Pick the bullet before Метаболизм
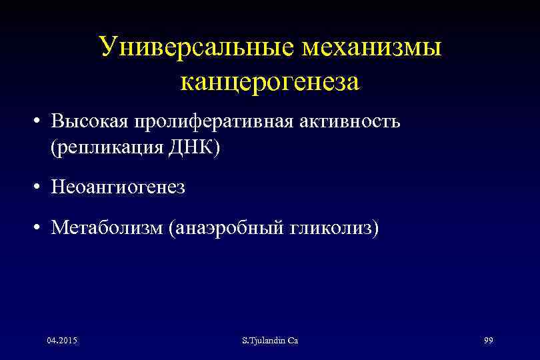point(41,229)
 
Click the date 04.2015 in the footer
point(62,341)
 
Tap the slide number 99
point(488,341)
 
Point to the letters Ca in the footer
point(293,341)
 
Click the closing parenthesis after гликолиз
point(375,229)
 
